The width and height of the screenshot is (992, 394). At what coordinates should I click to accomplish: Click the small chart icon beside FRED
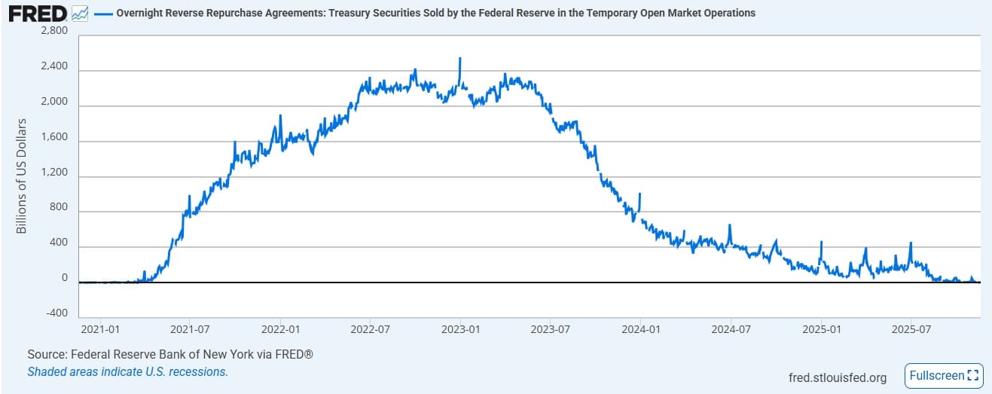[80, 14]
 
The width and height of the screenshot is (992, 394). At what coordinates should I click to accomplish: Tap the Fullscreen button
[943, 375]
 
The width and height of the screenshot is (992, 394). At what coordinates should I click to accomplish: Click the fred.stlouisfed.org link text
[837, 377]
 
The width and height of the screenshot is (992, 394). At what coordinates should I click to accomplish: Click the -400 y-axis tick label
[54, 313]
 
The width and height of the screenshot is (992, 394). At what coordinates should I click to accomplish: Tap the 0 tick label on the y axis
[64, 278]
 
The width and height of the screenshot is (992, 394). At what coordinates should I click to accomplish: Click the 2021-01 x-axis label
[100, 329]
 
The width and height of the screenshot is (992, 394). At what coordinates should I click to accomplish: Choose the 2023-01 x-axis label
[461, 329]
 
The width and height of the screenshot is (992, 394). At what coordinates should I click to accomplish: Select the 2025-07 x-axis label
[910, 329]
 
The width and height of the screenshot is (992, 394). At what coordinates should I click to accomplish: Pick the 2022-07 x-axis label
[371, 329]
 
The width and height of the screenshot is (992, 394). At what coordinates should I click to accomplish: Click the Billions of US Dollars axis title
[22, 176]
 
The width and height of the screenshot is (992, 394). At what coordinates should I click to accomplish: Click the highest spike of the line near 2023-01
[459, 59]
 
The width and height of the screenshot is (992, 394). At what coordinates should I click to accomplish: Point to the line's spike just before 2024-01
[639, 194]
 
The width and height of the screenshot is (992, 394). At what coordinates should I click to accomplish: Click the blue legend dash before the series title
[103, 14]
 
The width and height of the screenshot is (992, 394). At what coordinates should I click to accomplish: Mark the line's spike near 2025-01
[821, 243]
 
